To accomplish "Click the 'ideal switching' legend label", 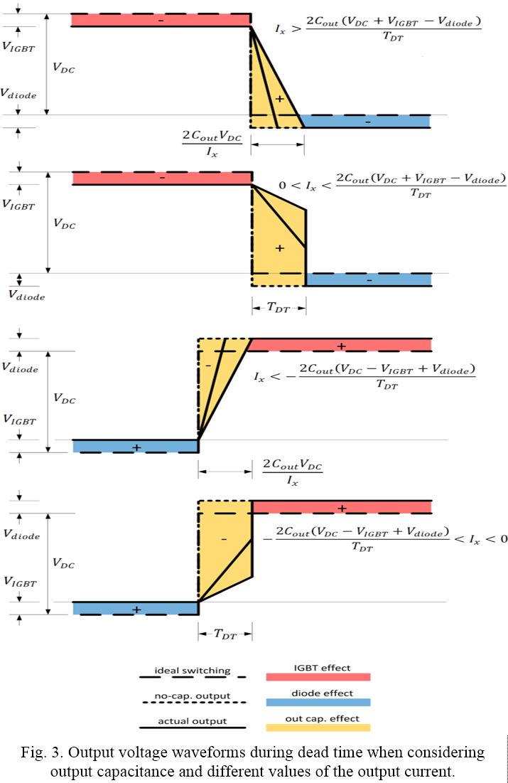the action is pyautogui.click(x=192, y=670).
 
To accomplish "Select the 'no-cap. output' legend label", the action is pyautogui.click(x=192, y=696).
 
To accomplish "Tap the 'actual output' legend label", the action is pyautogui.click(x=192, y=721).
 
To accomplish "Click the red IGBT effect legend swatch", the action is pyautogui.click(x=318, y=676).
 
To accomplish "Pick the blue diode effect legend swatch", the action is pyautogui.click(x=318, y=702).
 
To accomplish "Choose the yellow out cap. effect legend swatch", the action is pyautogui.click(x=318, y=728).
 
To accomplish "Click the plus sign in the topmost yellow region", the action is pyautogui.click(x=279, y=99).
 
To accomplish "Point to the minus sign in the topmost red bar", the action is pyautogui.click(x=161, y=21).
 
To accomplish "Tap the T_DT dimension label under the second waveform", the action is pyautogui.click(x=279, y=307).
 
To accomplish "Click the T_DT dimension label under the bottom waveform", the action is pyautogui.click(x=225, y=634).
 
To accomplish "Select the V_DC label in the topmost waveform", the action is pyautogui.click(x=64, y=68).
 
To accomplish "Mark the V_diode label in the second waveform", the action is pyautogui.click(x=26, y=295).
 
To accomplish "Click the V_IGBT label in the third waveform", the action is pyautogui.click(x=19, y=420).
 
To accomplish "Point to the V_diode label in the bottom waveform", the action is pyautogui.click(x=21, y=534).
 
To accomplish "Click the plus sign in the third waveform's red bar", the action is pyautogui.click(x=341, y=346).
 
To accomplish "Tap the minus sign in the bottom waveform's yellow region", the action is pyautogui.click(x=224, y=539).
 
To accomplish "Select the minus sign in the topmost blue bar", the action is pyautogui.click(x=368, y=122).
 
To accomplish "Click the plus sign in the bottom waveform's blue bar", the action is pyautogui.click(x=136, y=609).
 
